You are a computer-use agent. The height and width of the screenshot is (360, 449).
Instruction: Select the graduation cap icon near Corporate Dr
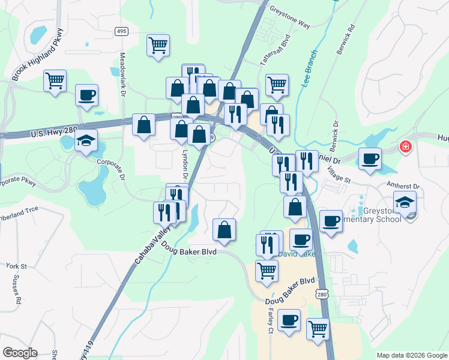click(x=86, y=141)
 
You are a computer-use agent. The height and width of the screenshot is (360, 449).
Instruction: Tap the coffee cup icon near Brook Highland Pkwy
click(x=86, y=95)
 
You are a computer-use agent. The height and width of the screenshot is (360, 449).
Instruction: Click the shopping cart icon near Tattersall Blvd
click(x=277, y=85)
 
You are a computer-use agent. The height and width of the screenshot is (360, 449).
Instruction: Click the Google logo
click(x=20, y=353)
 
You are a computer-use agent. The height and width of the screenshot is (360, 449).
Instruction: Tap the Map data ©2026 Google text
click(x=411, y=355)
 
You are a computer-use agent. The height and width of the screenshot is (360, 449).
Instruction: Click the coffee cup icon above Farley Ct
click(x=289, y=320)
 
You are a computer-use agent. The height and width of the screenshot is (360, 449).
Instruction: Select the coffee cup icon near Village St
click(x=370, y=159)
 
